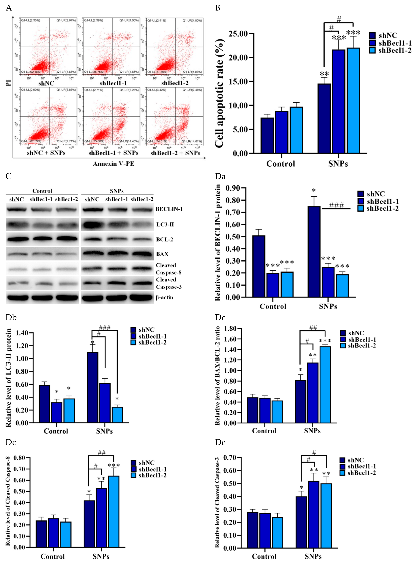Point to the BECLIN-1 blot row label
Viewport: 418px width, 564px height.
click(169, 209)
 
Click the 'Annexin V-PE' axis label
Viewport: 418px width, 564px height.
click(113, 164)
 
